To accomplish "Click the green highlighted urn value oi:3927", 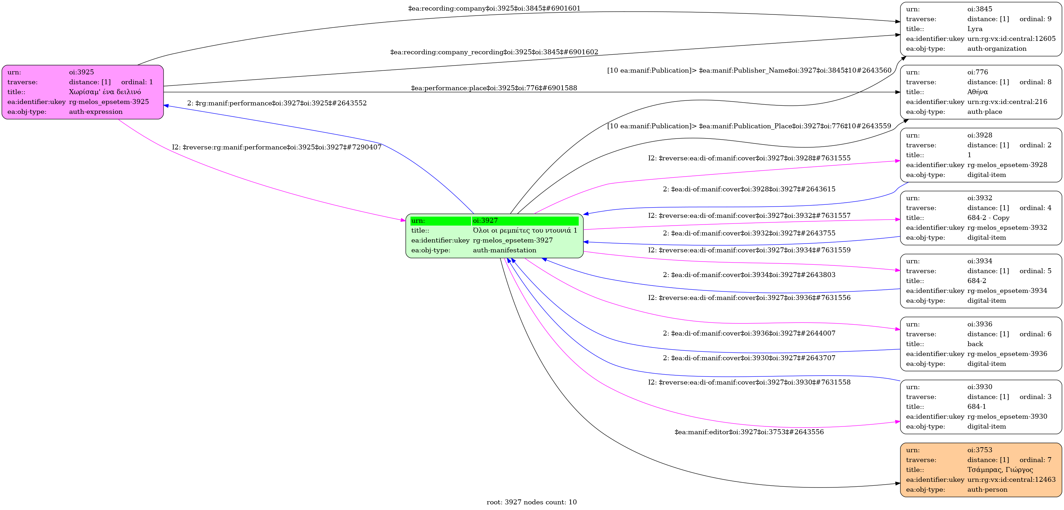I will (485, 221).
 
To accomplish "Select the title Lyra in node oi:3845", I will (975, 29).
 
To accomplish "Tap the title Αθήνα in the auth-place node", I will (977, 92).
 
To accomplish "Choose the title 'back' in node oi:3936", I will (975, 344).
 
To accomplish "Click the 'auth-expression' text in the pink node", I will (96, 111).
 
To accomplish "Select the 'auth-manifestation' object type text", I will (504, 250).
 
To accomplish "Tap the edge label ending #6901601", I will (494, 8).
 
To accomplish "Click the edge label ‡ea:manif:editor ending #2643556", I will (749, 432).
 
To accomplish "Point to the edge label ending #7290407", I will (277, 147).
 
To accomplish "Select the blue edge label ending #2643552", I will (277, 103).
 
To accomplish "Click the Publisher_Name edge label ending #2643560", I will (749, 70).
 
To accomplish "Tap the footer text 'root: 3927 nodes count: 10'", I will (531, 502).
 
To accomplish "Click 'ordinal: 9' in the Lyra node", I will (1035, 19).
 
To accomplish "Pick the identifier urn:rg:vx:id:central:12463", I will (1011, 479).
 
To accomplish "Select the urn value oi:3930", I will (980, 387).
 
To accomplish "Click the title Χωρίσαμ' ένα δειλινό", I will (105, 92).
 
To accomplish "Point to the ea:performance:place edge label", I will (494, 88).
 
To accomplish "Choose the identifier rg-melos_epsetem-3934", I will (1007, 291).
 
